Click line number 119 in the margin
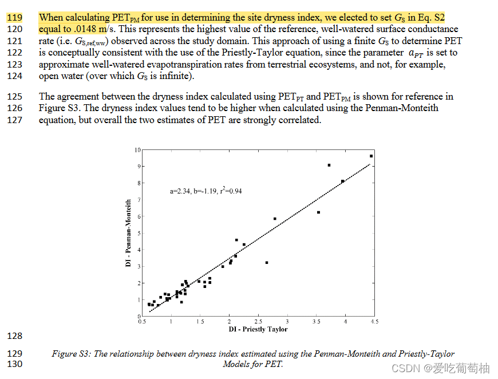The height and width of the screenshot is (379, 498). [x=14, y=18]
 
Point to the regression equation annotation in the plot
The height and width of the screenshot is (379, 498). [x=205, y=191]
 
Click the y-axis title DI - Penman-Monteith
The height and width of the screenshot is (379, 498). [x=129, y=232]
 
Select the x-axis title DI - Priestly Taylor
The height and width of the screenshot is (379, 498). [x=258, y=329]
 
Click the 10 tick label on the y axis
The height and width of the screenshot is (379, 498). [x=137, y=150]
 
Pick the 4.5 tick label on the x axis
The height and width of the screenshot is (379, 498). [x=373, y=322]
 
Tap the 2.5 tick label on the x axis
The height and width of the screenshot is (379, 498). [x=258, y=322]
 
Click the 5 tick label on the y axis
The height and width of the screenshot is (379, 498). [x=139, y=233]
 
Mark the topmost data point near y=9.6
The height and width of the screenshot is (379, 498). [x=371, y=156]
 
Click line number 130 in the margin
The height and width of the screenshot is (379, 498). [x=14, y=364]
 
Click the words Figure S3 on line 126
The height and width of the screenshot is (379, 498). [x=58, y=108]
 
